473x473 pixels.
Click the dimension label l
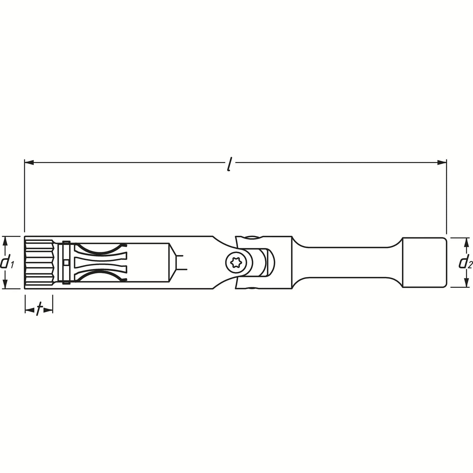pos(229,166)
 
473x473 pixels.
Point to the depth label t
pos(39,310)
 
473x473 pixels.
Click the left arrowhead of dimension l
pos(29,162)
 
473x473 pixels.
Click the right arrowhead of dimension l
pos(442,162)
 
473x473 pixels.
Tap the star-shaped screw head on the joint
pos(235,263)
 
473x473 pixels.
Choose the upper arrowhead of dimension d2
pos(465,242)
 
